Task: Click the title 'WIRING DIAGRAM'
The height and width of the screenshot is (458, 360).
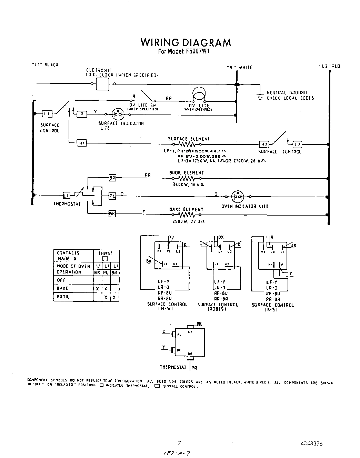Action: (x=186, y=42)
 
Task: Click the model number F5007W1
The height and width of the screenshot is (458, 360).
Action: (x=184, y=52)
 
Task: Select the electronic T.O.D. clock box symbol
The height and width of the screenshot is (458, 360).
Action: (x=102, y=83)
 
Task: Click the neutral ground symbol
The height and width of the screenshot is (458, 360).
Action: (x=259, y=96)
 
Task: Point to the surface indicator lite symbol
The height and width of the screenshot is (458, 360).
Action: (x=118, y=113)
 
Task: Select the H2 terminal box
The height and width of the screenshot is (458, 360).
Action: (x=264, y=145)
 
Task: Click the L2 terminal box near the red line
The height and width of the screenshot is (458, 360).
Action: (x=297, y=145)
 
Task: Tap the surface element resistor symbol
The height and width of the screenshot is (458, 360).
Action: (x=186, y=145)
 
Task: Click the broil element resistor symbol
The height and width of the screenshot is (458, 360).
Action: (x=187, y=179)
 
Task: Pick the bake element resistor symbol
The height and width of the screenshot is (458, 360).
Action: (x=186, y=215)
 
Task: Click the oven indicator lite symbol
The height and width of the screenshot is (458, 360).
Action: (x=237, y=197)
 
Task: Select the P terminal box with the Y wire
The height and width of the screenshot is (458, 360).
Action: (x=81, y=114)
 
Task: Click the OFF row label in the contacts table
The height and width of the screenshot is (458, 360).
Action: (x=61, y=280)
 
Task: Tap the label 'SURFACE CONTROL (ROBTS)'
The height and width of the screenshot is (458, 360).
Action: (x=218, y=307)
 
